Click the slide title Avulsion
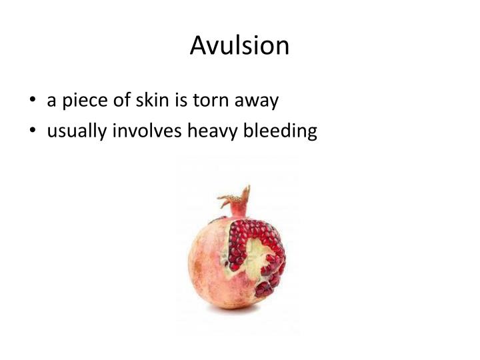240,45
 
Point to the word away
256,101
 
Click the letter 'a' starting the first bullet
51,101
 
